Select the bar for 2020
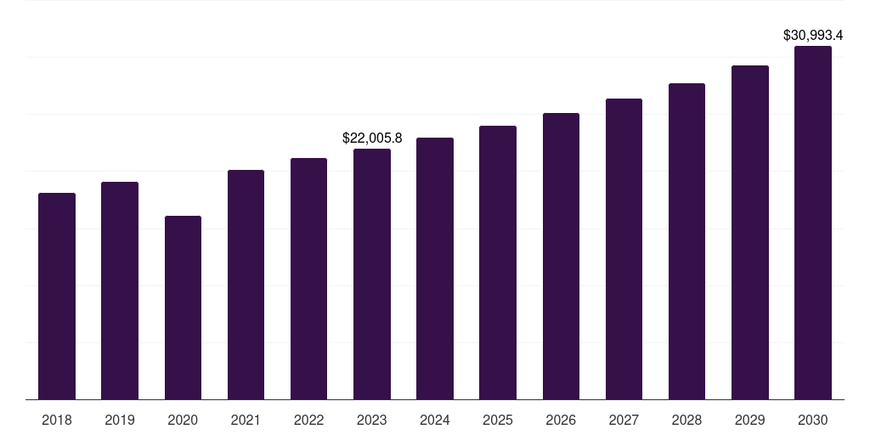183,308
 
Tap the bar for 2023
372,274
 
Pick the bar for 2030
813,223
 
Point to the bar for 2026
561,256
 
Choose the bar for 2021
246,285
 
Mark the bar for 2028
686,241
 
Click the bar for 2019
120,291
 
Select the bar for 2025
498,263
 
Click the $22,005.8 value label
372,138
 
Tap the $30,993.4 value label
813,36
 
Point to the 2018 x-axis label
57,420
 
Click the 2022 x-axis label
308,420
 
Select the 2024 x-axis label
435,420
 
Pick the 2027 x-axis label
624,420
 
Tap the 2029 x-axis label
750,420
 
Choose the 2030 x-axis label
813,420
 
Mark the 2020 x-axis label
183,420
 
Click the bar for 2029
750,232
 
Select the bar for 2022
308,279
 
